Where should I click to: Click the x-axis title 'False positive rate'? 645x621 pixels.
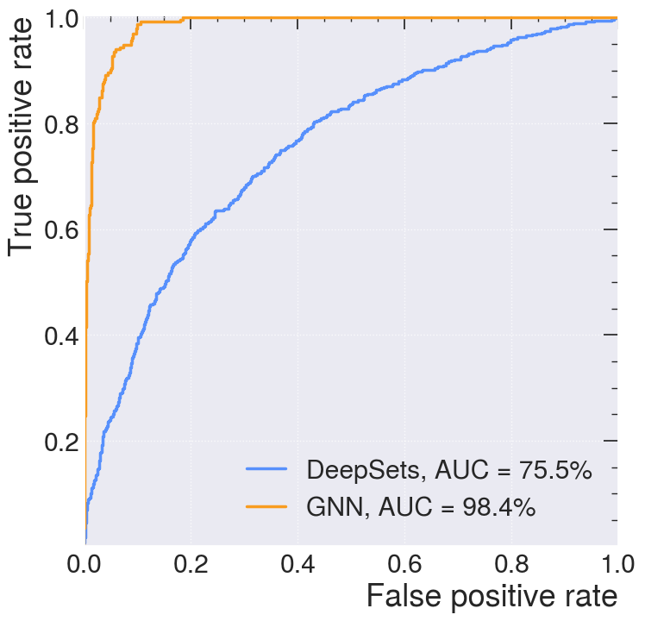click(x=492, y=597)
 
